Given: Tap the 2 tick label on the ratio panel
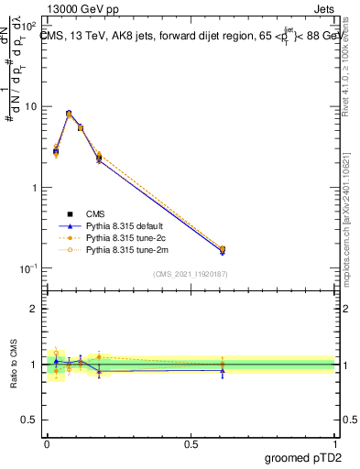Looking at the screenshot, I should [33, 309].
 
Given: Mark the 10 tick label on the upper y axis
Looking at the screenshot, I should [29, 106].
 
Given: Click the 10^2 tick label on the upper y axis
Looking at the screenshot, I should [27, 25].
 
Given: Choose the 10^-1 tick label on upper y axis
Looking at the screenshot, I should [27, 268].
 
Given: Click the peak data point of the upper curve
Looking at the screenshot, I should [70, 114].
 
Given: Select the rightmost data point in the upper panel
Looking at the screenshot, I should [223, 249].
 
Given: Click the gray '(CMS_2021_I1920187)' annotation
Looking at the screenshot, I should [190, 273].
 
